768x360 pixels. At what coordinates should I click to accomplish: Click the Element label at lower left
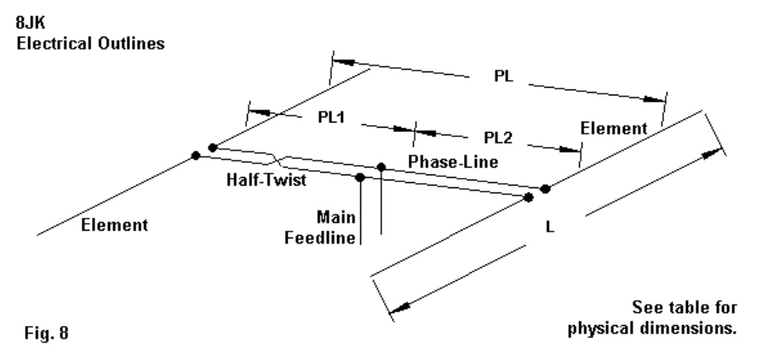click(x=114, y=226)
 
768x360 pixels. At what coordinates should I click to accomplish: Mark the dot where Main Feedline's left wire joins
click(x=360, y=177)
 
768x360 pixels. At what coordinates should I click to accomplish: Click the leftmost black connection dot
click(x=196, y=155)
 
